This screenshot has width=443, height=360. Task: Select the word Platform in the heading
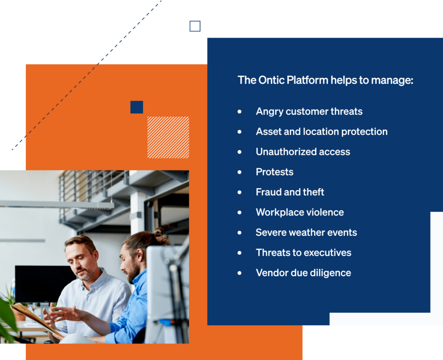[x=307, y=80]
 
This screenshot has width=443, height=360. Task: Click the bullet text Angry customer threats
[x=309, y=112]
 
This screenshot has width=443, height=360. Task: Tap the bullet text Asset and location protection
[x=321, y=132]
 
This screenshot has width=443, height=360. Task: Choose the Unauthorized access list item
[x=303, y=152]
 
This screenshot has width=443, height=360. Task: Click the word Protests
[x=274, y=172]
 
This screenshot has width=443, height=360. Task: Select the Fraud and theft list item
[x=290, y=192]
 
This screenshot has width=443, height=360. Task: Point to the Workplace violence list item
[x=300, y=212]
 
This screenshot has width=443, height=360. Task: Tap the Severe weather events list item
[x=306, y=232]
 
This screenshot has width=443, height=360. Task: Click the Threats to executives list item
[x=303, y=253]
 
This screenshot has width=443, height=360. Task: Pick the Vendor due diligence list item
[x=303, y=273]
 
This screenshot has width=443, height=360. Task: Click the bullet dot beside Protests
[x=240, y=172]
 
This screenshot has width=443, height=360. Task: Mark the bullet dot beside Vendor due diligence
[x=240, y=273]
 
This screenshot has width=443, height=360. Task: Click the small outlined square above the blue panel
[x=195, y=26]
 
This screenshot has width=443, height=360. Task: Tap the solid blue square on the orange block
[x=137, y=107]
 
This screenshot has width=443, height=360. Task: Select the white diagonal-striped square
[x=168, y=137]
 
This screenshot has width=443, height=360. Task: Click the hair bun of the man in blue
[x=161, y=235]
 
